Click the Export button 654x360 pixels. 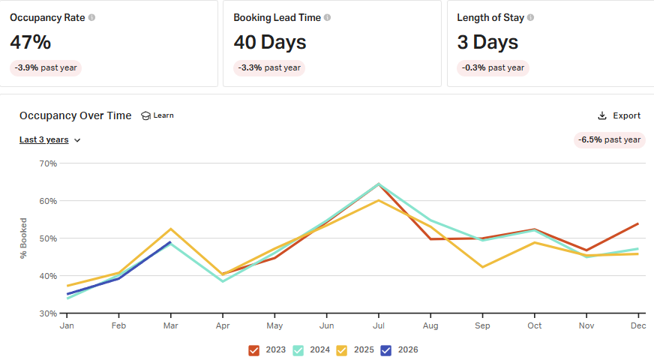(619, 115)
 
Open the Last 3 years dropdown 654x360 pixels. (49, 139)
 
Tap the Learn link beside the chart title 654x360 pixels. (157, 115)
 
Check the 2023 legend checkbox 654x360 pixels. (253, 350)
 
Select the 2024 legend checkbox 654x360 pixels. (298, 350)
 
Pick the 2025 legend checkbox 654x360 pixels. (341, 350)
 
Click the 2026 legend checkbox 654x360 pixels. (385, 350)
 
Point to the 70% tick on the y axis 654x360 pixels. (48, 163)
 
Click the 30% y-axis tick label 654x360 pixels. (48, 313)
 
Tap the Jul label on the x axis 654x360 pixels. (378, 326)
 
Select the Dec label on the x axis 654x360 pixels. (637, 326)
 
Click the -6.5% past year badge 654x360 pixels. (609, 139)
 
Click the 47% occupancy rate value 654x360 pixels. (30, 42)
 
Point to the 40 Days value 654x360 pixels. (270, 42)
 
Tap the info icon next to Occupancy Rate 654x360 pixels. (91, 17)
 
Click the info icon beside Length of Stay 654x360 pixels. (531, 17)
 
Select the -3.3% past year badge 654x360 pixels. (269, 67)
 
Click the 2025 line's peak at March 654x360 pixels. (170, 229)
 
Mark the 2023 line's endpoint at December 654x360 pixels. (637, 223)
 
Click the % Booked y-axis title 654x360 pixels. (24, 238)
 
